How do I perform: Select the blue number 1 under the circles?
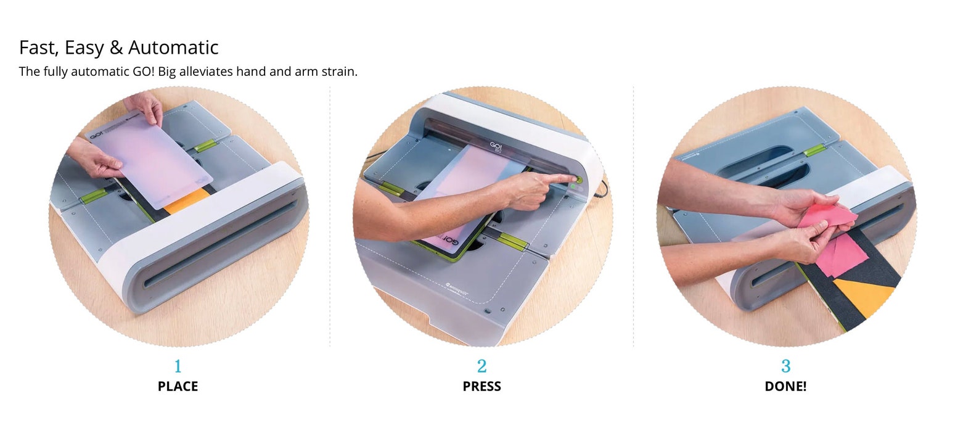[178, 366]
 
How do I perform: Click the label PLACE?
[178, 387]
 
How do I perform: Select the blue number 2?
[481, 366]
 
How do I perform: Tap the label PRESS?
[481, 387]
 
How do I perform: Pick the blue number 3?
[785, 366]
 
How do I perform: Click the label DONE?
[785, 387]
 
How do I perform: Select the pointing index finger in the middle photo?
[558, 179]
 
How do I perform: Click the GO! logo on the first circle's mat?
[97, 136]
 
